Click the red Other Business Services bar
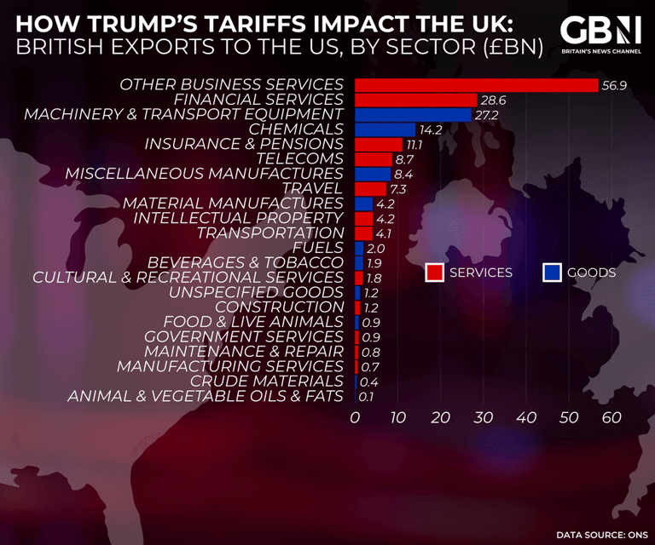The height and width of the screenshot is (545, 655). (x=476, y=85)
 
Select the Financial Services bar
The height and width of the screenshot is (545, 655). (x=415, y=100)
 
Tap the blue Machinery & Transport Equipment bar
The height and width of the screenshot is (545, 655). (x=413, y=115)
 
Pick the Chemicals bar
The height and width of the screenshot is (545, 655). (x=385, y=129)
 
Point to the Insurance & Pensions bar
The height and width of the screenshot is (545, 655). (x=378, y=144)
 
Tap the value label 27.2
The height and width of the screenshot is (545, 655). (x=487, y=115)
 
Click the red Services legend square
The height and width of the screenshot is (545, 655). (x=435, y=272)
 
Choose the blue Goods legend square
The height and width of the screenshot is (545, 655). (x=552, y=272)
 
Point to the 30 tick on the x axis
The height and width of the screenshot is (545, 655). (x=484, y=417)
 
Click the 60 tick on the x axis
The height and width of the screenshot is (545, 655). (x=612, y=417)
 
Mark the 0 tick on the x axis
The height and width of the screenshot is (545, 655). (x=356, y=417)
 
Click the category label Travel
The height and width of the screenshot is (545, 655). (x=312, y=188)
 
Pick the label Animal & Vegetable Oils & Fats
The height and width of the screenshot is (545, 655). (x=206, y=396)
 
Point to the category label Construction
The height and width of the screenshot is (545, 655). (x=279, y=307)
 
